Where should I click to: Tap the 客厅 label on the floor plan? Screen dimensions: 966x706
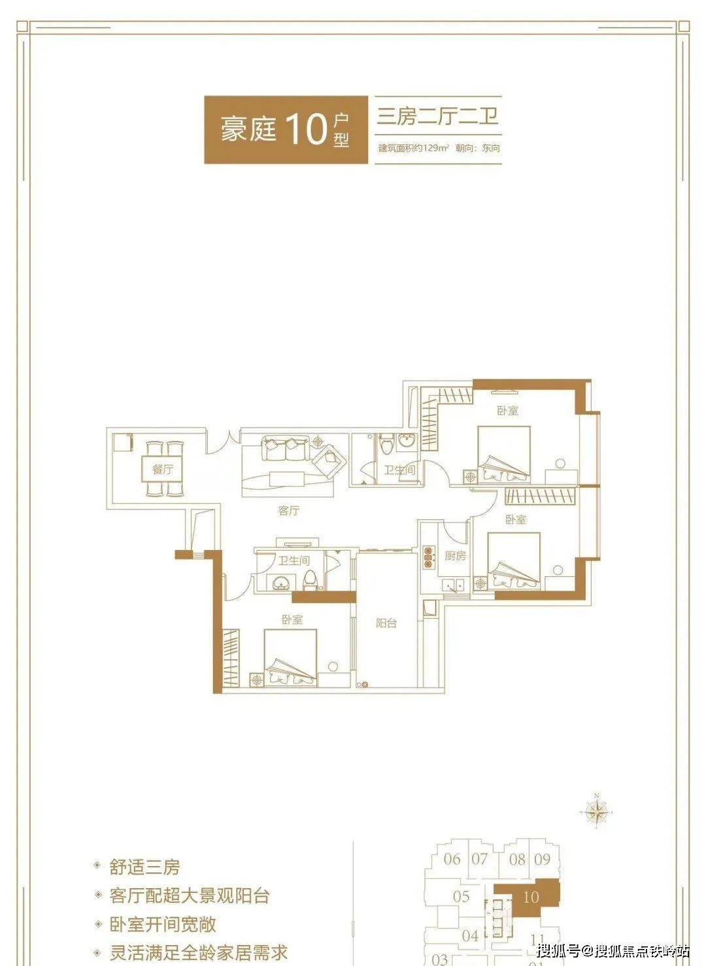pos(288,510)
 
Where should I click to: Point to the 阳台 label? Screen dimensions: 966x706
pos(386,623)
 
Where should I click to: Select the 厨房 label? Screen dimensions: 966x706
pos(456,556)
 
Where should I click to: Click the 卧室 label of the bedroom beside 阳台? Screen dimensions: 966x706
pos(292,619)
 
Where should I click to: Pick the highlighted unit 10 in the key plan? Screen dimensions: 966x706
pos(531,897)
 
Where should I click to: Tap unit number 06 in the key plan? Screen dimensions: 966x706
pos(452,859)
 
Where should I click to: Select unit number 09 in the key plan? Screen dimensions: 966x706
pos(543,859)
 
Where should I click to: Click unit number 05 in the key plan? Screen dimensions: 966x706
pos(462,896)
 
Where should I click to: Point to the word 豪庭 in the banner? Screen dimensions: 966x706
pos(248,129)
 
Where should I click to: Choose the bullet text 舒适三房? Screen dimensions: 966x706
pos(144,868)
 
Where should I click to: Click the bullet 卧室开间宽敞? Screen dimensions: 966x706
pos(163,924)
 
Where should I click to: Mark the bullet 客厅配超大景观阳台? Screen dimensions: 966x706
pos(190,896)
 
